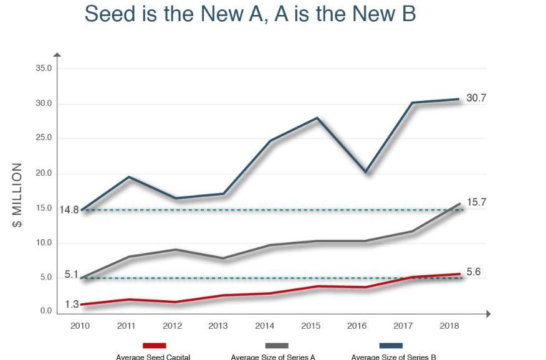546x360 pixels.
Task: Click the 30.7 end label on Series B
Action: coord(476,98)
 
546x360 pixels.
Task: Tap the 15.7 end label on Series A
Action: coord(476,203)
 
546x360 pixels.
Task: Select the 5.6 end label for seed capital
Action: coord(474,272)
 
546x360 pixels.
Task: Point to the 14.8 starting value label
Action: coord(69,210)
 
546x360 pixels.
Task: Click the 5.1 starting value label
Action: coord(71,273)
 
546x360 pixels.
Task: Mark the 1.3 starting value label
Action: coord(72,305)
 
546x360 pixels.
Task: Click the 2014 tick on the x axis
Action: coord(264,325)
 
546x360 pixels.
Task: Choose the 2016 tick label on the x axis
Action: coord(356,325)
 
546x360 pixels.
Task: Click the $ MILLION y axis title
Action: coord(18,196)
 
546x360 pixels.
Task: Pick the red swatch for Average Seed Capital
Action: coord(154,346)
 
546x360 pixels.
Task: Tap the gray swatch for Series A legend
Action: coord(276,346)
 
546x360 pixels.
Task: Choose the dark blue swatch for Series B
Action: coord(391,346)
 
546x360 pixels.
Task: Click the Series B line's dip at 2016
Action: coord(366,172)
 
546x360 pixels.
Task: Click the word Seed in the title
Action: coord(108,14)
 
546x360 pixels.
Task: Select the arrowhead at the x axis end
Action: coord(489,315)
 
